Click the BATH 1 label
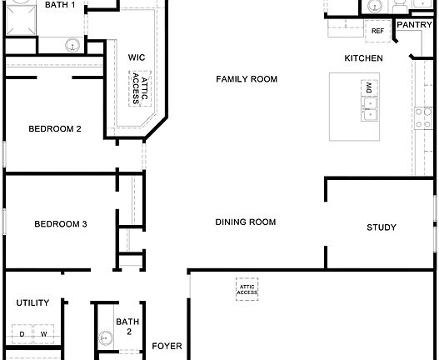pyautogui.click(x=61, y=5)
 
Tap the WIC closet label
pyautogui.click(x=137, y=57)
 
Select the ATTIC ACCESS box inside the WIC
pyautogui.click(x=138, y=87)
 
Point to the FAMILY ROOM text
pyautogui.click(x=246, y=79)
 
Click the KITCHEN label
pyautogui.click(x=364, y=58)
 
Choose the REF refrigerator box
pyautogui.click(x=377, y=32)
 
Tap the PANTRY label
pyautogui.click(x=414, y=25)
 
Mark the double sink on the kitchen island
pyautogui.click(x=367, y=109)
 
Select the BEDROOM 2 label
pyautogui.click(x=54, y=129)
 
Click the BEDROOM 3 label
pyautogui.click(x=61, y=223)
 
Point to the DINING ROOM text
pyautogui.click(x=245, y=222)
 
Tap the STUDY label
pyautogui.click(x=381, y=227)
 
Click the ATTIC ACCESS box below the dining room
pyautogui.click(x=247, y=289)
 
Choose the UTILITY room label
pyautogui.click(x=32, y=303)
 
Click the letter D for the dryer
pyautogui.click(x=22, y=334)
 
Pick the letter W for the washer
pyautogui.click(x=44, y=334)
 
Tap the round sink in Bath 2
pyautogui.click(x=106, y=338)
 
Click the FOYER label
pyautogui.click(x=167, y=345)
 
